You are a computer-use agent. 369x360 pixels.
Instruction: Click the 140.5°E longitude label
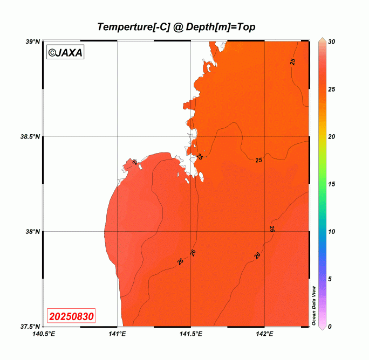point(44,334)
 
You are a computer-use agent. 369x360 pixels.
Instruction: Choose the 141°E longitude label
point(117,334)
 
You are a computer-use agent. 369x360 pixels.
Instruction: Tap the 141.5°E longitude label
point(191,334)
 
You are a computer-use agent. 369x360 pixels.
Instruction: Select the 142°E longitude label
point(264,334)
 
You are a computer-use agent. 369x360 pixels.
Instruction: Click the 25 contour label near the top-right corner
point(292,61)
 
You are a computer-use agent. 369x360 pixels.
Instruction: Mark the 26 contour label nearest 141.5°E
point(193,252)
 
